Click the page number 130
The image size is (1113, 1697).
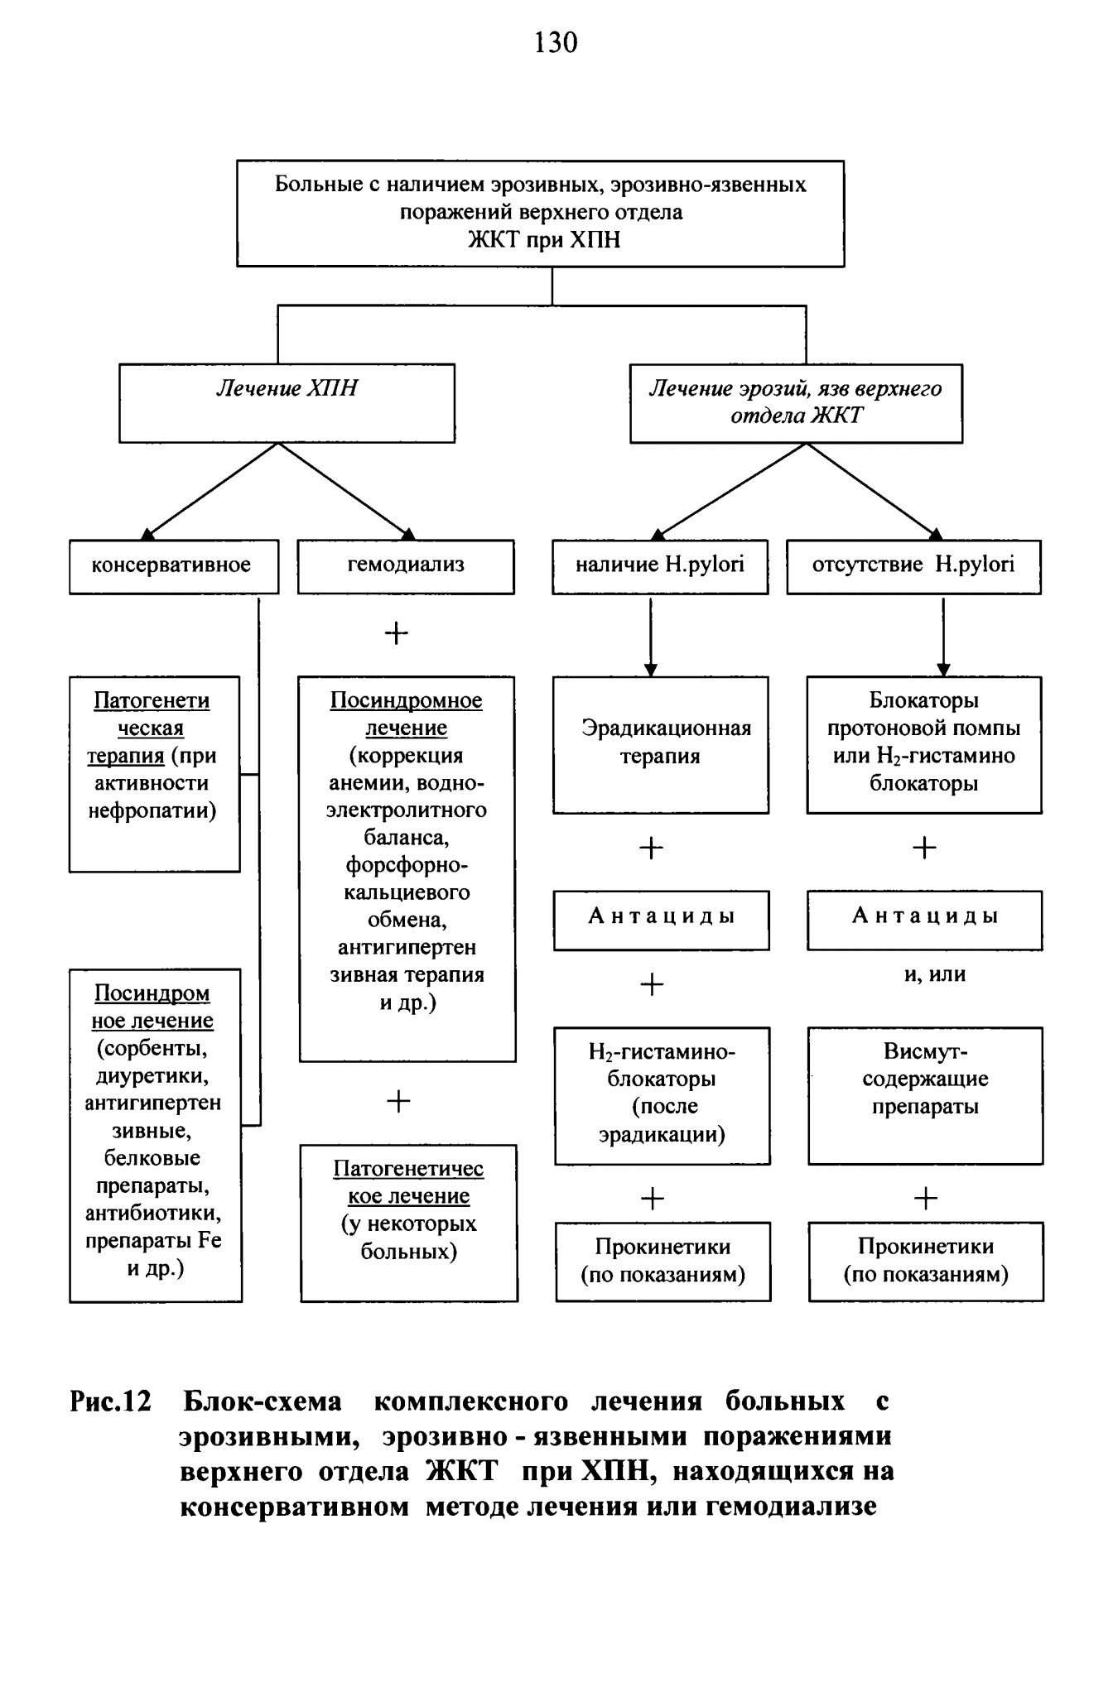click(556, 42)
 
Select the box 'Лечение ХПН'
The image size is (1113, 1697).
click(287, 403)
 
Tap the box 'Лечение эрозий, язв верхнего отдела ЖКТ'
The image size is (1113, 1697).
click(796, 403)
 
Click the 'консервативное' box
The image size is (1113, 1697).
click(174, 567)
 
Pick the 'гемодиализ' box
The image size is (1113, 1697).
click(406, 567)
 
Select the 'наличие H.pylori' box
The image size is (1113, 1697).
click(660, 567)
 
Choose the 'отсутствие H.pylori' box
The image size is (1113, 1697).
click(913, 567)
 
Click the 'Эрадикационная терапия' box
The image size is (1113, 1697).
click(661, 745)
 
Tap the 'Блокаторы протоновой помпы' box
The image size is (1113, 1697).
click(924, 745)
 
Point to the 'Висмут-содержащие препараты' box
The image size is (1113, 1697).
click(925, 1096)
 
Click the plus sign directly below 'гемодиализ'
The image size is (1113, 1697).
click(397, 634)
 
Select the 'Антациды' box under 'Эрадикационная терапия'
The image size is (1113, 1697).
click(662, 920)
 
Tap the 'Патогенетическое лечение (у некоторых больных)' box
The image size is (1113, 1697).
click(409, 1223)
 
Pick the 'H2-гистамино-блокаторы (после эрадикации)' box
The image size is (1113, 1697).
click(662, 1096)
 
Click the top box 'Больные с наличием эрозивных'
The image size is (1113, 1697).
click(541, 214)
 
